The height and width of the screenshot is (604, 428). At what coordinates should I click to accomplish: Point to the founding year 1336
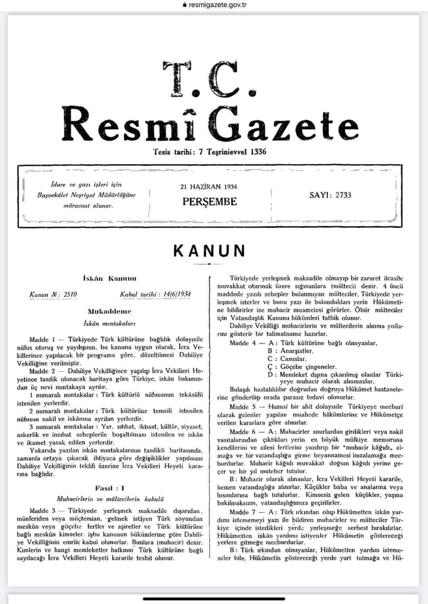click(258, 152)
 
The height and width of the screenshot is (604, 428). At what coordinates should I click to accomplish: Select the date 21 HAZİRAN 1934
click(208, 187)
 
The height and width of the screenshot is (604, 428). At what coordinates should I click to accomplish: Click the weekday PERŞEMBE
click(210, 202)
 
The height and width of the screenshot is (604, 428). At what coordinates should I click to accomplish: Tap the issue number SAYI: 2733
click(330, 195)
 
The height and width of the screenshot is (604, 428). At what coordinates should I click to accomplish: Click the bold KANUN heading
click(210, 251)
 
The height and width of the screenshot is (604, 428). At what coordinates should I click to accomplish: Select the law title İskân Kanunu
click(110, 278)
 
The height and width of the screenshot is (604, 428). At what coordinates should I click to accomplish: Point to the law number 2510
click(70, 294)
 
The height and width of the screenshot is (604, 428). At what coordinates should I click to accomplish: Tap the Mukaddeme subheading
click(110, 311)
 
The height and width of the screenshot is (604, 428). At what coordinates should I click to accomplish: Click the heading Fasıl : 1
click(110, 488)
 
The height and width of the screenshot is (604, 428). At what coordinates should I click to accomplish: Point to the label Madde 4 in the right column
click(243, 343)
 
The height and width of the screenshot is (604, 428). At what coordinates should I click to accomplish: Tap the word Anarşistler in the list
click(296, 351)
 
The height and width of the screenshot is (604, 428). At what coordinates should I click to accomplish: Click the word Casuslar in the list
click(293, 359)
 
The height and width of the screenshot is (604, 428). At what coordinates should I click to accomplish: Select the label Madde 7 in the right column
click(243, 512)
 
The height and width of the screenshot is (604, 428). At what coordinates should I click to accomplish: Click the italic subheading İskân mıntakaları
click(110, 323)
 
